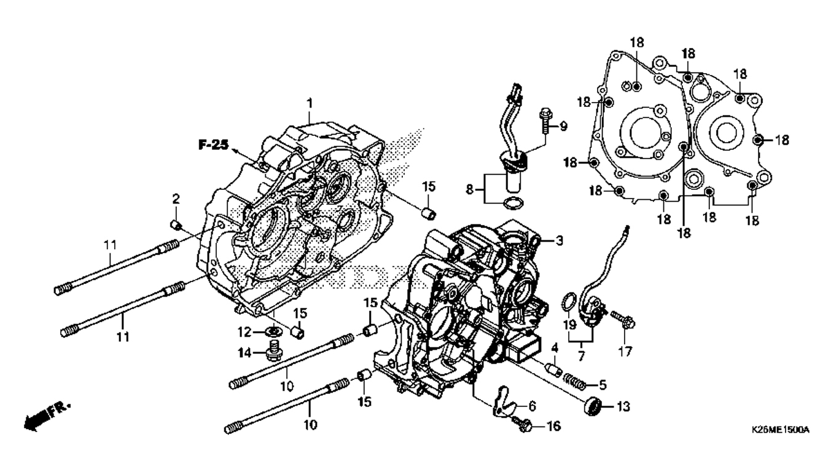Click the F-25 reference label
(x=213, y=144)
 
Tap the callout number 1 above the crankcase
(x=310, y=103)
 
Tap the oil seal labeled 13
(x=593, y=406)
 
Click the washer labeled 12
(x=273, y=331)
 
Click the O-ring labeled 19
(x=568, y=302)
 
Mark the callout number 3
(x=558, y=240)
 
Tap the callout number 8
(x=470, y=190)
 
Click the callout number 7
(x=581, y=356)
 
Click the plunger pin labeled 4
(x=553, y=371)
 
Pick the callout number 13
(x=623, y=406)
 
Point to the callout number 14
(x=245, y=353)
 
